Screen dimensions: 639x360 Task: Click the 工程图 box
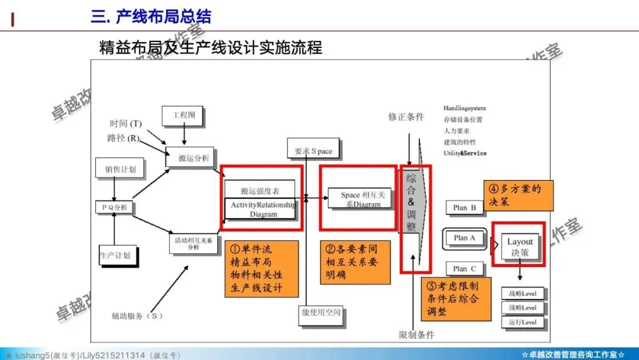[183, 115]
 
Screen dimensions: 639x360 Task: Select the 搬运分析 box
[190, 158]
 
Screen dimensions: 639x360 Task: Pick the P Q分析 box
[115, 207]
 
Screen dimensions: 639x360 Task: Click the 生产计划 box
[115, 255]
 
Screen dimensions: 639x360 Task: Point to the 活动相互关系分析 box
[193, 243]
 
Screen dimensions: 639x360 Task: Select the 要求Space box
[313, 151]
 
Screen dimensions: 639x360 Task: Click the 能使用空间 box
[320, 312]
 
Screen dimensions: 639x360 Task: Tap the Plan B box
[464, 207]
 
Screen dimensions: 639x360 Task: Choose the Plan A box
[464, 238]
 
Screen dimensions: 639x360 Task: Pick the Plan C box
[464, 269]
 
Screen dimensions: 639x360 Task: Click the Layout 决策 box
[520, 247]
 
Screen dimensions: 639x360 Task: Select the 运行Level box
[522, 322]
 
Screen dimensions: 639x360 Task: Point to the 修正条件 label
[406, 117]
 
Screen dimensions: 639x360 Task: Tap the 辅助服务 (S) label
[137, 316]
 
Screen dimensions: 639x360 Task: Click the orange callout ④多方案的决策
[518, 195]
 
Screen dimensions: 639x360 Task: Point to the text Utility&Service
[465, 153]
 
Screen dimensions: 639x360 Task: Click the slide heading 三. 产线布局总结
[151, 16]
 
